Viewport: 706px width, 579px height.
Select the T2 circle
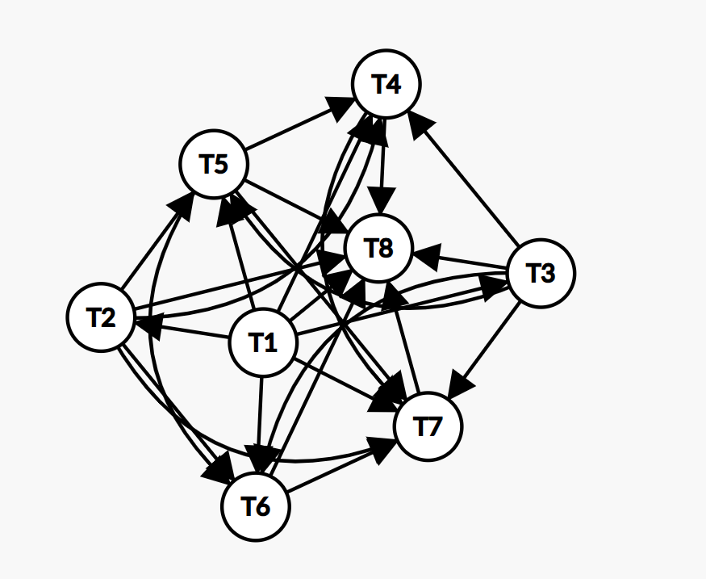[100, 317]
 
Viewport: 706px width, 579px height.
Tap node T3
[541, 273]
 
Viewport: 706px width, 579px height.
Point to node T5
[214, 164]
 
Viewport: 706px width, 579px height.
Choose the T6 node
[256, 506]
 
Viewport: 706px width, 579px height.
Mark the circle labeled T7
[428, 426]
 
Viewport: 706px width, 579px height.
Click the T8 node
[378, 248]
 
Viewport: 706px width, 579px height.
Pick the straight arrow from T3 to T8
[464, 261]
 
